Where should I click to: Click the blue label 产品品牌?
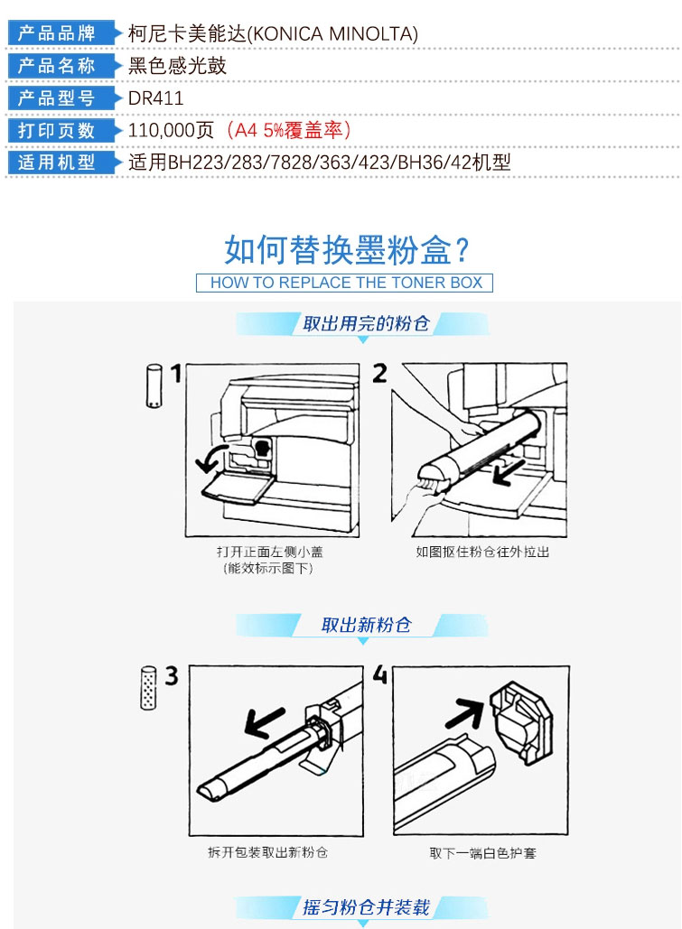[57, 33]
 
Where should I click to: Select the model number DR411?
[156, 98]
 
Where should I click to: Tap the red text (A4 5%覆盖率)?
[289, 130]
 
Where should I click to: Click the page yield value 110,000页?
[171, 130]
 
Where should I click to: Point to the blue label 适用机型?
[57, 162]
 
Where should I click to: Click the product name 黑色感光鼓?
[177, 65]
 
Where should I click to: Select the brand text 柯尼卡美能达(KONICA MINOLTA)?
[274, 33]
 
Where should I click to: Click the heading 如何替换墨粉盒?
[346, 249]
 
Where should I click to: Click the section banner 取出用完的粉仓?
[366, 323]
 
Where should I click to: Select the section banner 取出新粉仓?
[366, 625]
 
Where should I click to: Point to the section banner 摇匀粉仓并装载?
[366, 907]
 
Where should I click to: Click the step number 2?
[379, 373]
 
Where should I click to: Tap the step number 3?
[172, 675]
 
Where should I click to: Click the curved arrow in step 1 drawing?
[208, 458]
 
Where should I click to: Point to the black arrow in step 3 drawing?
[265, 723]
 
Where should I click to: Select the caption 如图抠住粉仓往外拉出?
[482, 553]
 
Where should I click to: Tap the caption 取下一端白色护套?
[482, 853]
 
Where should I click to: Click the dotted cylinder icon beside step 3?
[148, 687]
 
